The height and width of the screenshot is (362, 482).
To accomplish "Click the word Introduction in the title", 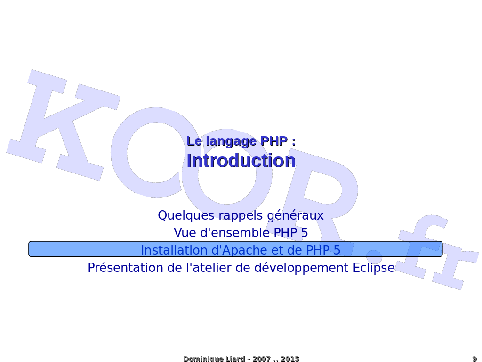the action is click(x=241, y=160).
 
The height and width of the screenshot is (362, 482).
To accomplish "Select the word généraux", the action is click(x=296, y=215).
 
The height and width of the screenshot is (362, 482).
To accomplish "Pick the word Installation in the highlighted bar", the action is click(x=174, y=250).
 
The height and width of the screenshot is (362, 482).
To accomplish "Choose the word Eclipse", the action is click(x=373, y=268).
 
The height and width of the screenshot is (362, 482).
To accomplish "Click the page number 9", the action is click(x=474, y=359).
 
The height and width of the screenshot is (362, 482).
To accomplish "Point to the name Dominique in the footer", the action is click(x=199, y=359).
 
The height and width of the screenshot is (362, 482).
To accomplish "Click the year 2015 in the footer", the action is click(x=290, y=359).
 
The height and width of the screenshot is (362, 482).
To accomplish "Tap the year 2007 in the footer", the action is click(x=262, y=359).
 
